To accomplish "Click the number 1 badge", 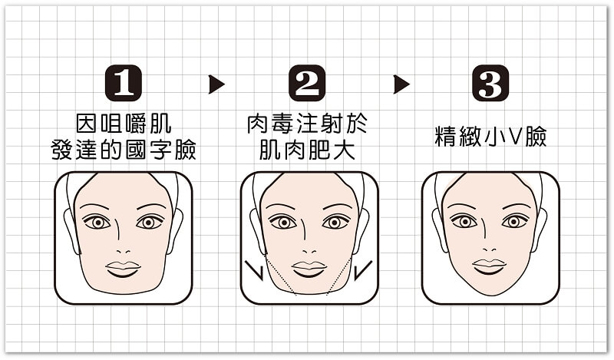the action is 124,84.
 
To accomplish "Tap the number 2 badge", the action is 307,84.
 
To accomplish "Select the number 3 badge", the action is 490,84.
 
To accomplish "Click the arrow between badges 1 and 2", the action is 216,84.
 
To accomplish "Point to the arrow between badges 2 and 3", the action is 401,84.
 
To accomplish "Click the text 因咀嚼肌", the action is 124,124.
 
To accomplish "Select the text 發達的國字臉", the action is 124,150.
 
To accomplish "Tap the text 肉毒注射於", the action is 308,124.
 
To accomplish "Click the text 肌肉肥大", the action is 308,150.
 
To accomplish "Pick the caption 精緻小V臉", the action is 490,137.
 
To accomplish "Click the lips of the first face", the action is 123,269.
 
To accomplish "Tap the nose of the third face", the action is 489,249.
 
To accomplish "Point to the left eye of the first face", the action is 97,222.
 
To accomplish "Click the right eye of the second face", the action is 335,222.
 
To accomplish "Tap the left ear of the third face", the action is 439,230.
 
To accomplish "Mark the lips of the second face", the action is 309,269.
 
